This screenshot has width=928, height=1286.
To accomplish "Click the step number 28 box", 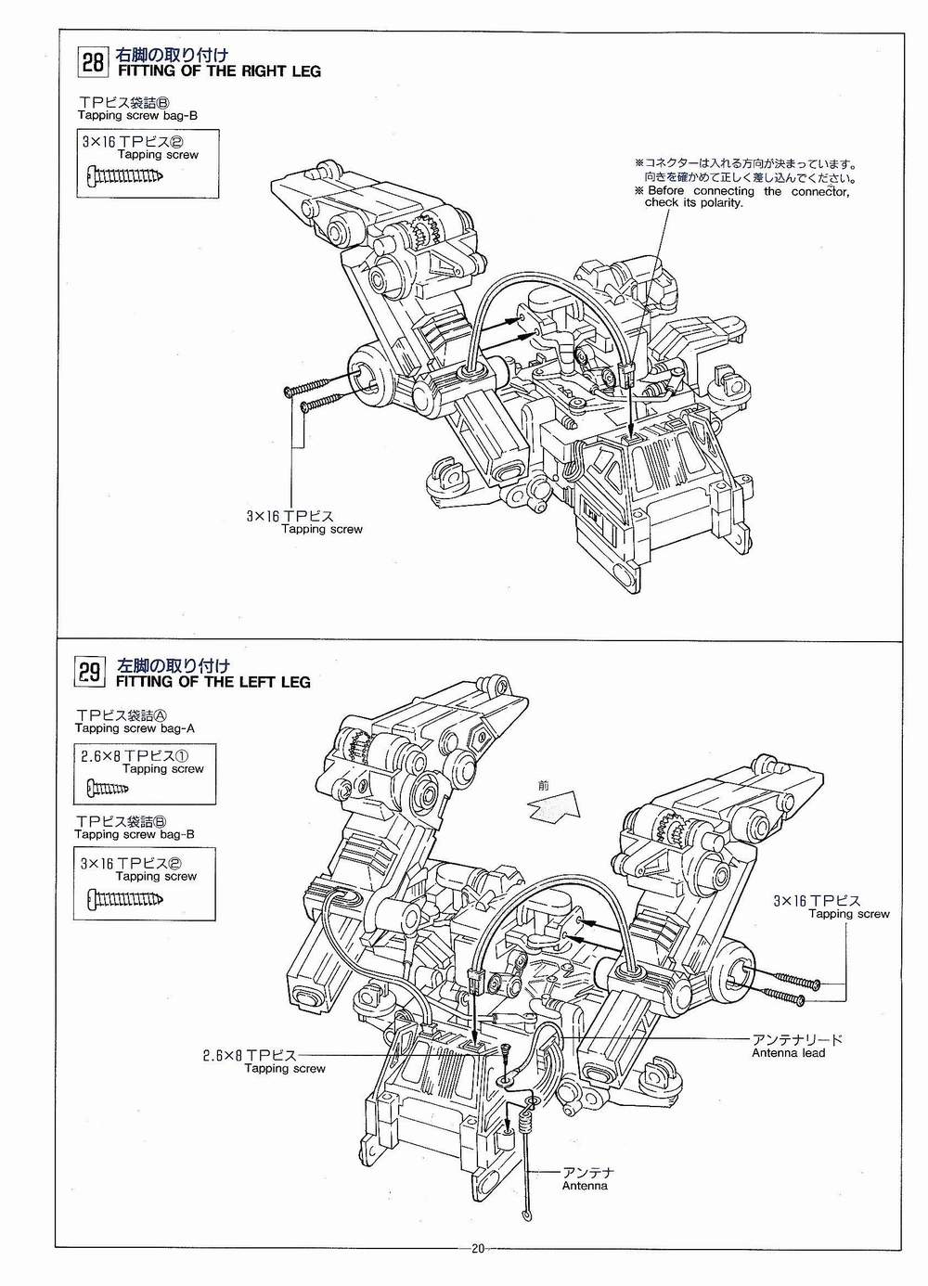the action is pyautogui.click(x=93, y=62).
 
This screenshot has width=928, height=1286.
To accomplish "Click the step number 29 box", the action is pyautogui.click(x=90, y=673).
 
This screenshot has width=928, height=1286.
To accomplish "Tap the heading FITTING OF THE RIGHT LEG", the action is pyautogui.click(x=219, y=71).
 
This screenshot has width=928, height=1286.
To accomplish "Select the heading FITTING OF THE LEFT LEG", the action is pyautogui.click(x=213, y=682).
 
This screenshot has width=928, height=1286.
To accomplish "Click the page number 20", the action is pyautogui.click(x=478, y=1264).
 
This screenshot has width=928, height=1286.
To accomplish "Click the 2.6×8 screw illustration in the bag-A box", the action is pyautogui.click(x=108, y=789).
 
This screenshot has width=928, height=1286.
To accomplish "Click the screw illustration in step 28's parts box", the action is pyautogui.click(x=124, y=174).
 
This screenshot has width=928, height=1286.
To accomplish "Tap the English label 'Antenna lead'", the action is pyautogui.click(x=788, y=1053).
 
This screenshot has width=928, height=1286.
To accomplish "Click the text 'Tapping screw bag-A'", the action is pyautogui.click(x=135, y=728).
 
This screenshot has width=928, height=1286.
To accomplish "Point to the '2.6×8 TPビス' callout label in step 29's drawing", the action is pyautogui.click(x=249, y=1055).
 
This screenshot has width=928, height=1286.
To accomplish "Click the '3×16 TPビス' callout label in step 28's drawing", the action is pyautogui.click(x=290, y=516).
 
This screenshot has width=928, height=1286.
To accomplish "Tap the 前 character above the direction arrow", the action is pyautogui.click(x=543, y=785).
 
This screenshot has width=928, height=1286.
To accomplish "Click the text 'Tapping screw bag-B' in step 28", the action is pyautogui.click(x=137, y=115).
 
